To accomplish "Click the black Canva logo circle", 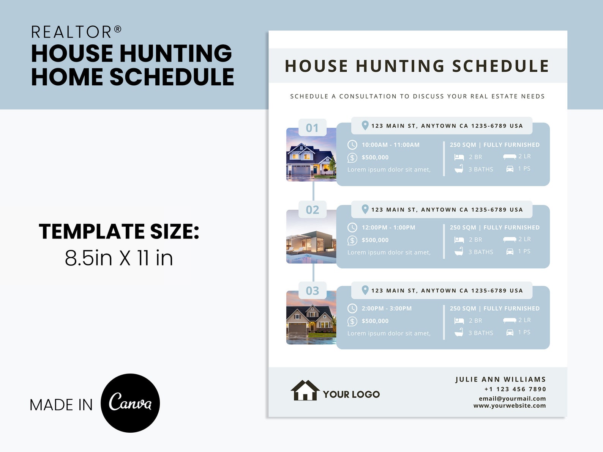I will [x=130, y=403].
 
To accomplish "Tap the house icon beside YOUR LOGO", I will [x=305, y=391].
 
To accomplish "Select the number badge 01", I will [x=312, y=128].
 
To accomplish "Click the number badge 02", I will [x=312, y=210].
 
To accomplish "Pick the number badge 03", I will [x=312, y=291].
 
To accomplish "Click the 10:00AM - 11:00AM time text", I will [x=390, y=145].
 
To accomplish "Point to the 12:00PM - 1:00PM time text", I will [x=388, y=228].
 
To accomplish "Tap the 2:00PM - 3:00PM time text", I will [x=386, y=309].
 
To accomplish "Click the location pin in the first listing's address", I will [x=365, y=126].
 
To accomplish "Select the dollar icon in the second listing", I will [x=352, y=240].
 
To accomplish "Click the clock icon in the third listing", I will [x=352, y=309].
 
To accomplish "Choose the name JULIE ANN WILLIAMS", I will [x=500, y=379].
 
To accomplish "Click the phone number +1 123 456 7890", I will [x=515, y=389].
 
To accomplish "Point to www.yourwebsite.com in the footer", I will [x=509, y=405].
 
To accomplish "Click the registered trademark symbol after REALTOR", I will [x=118, y=29].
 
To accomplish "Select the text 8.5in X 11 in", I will [x=119, y=258].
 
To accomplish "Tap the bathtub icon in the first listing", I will [x=459, y=169].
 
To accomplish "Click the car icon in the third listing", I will [x=510, y=333].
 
